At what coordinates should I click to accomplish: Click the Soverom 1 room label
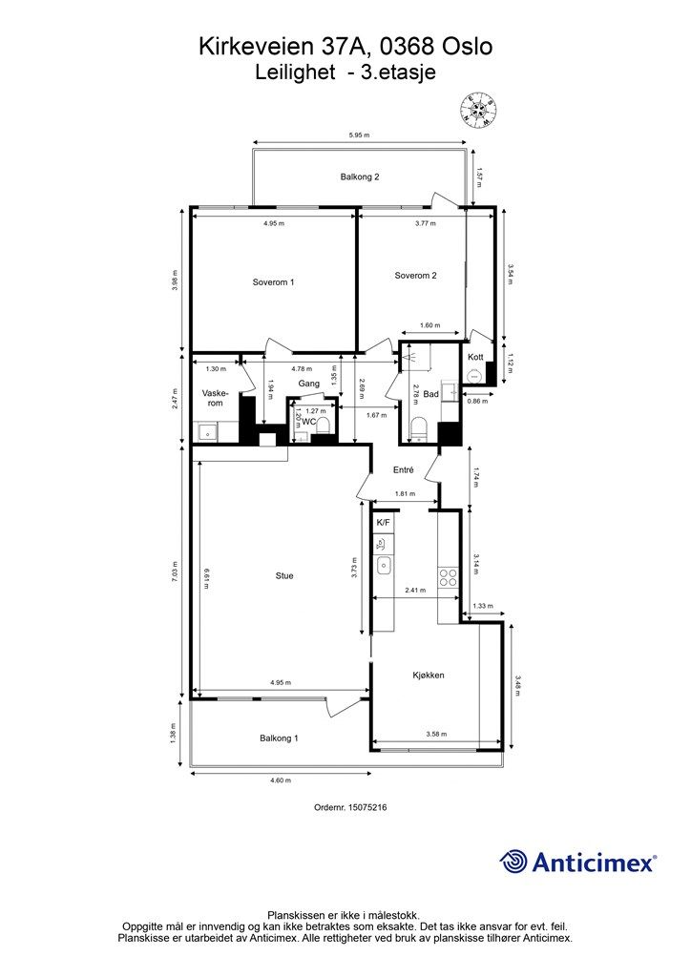pyautogui.click(x=273, y=282)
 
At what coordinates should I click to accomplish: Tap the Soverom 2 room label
pyautogui.click(x=415, y=276)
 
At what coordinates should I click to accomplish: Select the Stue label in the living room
pyautogui.click(x=284, y=575)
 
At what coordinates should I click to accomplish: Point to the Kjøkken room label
pyautogui.click(x=429, y=675)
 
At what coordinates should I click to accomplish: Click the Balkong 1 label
pyautogui.click(x=279, y=738)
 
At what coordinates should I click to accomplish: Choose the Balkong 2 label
pyautogui.click(x=360, y=177)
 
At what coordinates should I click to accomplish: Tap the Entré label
pyautogui.click(x=403, y=469)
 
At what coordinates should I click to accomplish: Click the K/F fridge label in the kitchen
pyautogui.click(x=383, y=523)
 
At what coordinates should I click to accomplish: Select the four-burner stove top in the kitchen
pyautogui.click(x=448, y=577)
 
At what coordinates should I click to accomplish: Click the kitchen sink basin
pyautogui.click(x=384, y=566)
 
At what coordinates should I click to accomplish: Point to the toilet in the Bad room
pyautogui.click(x=418, y=428)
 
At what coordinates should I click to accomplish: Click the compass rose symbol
pyautogui.click(x=478, y=111)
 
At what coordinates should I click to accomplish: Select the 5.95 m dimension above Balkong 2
pyautogui.click(x=360, y=135)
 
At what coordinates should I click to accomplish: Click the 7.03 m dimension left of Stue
pyautogui.click(x=175, y=572)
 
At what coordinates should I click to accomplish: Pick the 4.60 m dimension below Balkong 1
pyautogui.click(x=281, y=780)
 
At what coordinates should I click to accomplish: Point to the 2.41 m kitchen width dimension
pyautogui.click(x=415, y=590)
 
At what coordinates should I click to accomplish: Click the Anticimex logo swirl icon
pyautogui.click(x=513, y=863)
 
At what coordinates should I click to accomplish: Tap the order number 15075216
pyautogui.click(x=367, y=807)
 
